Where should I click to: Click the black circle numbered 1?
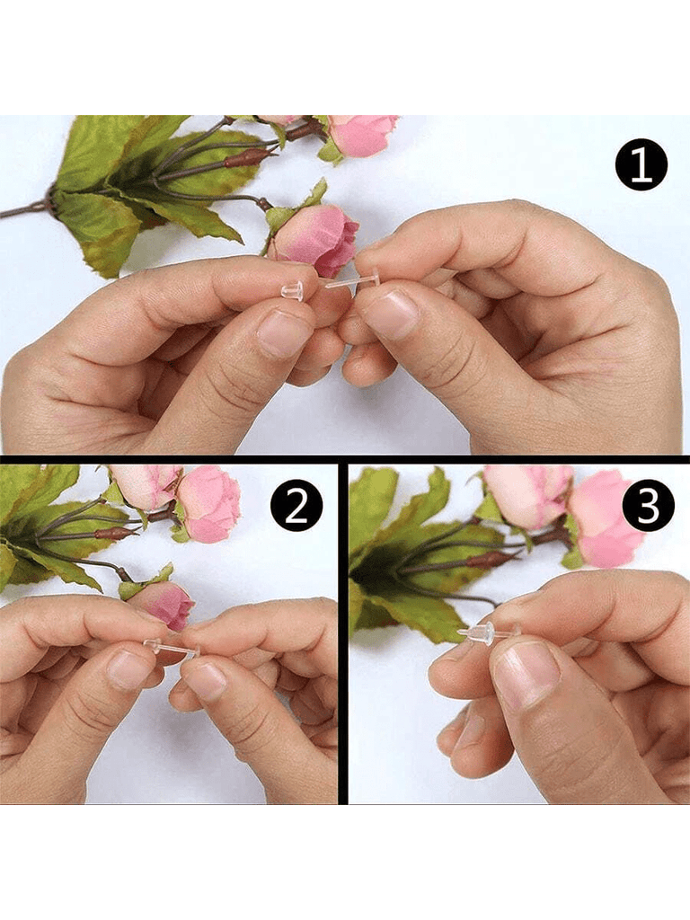[641, 165]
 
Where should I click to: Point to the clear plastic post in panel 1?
[351, 279]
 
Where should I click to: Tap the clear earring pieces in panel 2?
[172, 649]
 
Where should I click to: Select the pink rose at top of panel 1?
[362, 135]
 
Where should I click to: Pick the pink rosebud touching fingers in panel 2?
[164, 605]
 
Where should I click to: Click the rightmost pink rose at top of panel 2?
[209, 504]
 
